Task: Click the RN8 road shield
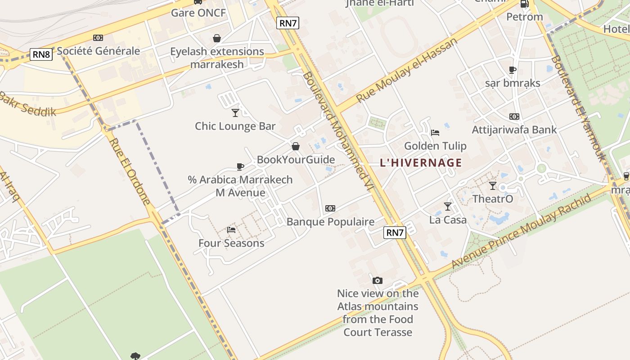point(41,54)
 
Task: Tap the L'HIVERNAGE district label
point(421,162)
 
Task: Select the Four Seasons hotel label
point(231,243)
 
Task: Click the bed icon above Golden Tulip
point(435,132)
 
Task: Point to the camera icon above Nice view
point(378,280)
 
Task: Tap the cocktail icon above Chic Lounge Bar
point(235,112)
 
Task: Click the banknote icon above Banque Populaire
point(330,208)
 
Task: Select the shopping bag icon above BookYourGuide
point(296,146)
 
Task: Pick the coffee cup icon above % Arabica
point(240,166)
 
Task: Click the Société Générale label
point(99,51)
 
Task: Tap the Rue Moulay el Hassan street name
point(406,70)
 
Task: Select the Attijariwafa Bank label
point(514,130)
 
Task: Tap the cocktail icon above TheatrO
point(493,185)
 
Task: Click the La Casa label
point(448,220)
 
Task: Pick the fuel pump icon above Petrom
point(524,4)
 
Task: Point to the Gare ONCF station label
point(198,13)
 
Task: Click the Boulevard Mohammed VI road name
point(335,130)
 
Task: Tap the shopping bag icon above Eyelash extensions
point(217,38)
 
